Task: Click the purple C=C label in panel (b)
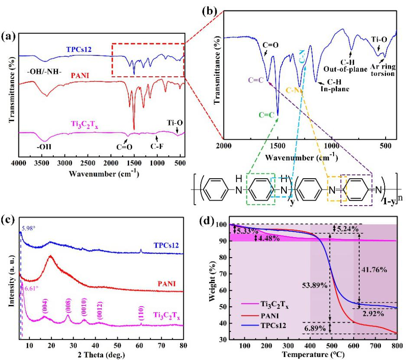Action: point(255,80)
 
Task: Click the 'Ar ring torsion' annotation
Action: point(382,70)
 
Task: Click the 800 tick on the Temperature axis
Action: point(396,346)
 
